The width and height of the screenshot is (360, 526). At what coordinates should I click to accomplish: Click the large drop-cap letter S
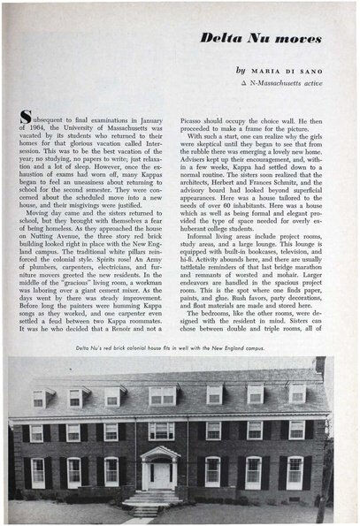pos(27,118)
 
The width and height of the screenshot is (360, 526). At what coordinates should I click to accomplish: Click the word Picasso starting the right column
pos(195,118)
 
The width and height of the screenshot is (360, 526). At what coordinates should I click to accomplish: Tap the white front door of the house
pos(161,475)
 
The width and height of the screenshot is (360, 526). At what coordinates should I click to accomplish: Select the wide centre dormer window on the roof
pos(162,395)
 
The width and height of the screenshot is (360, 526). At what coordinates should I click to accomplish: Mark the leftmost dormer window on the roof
pos(39,399)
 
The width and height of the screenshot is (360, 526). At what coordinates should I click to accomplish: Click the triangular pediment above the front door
pos(161,452)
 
